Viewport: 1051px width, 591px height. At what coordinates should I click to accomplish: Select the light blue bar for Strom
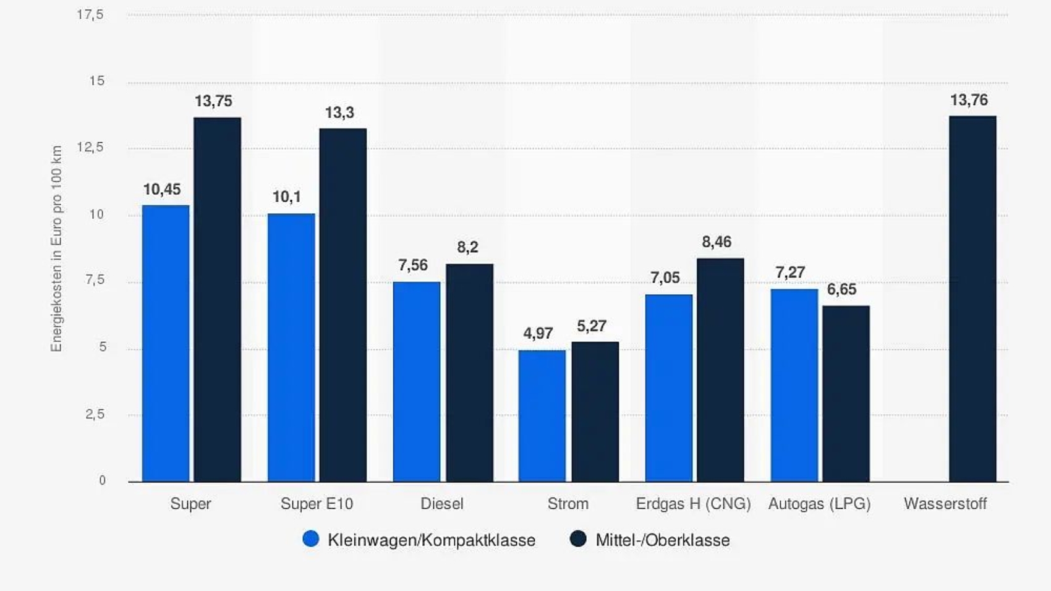(542, 415)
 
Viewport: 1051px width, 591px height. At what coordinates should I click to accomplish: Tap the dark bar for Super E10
(343, 305)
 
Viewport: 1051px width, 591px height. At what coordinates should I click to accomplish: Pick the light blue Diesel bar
(417, 381)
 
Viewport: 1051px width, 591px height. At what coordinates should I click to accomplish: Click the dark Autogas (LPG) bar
(846, 393)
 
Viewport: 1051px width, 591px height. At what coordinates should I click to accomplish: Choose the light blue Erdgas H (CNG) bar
(668, 388)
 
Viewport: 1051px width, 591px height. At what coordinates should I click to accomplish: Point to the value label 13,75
(213, 101)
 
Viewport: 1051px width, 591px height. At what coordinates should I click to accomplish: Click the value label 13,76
(969, 100)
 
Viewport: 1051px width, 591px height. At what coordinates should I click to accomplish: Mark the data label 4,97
(538, 334)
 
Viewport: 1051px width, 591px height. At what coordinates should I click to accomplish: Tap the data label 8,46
(717, 242)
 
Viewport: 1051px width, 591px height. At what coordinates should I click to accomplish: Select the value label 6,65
(841, 290)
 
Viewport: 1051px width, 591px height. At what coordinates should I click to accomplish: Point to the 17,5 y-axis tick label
(90, 15)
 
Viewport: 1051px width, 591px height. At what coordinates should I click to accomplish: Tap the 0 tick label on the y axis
(102, 481)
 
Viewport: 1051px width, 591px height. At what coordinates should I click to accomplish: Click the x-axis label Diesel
(441, 504)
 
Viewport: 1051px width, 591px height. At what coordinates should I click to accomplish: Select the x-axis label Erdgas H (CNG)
(693, 504)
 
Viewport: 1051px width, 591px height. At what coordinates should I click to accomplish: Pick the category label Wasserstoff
(945, 504)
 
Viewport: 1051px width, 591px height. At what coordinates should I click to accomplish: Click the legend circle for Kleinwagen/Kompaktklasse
(311, 539)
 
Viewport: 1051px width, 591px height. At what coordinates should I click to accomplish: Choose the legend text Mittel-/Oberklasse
(662, 540)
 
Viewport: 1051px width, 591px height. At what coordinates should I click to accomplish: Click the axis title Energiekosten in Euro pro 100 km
(57, 249)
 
